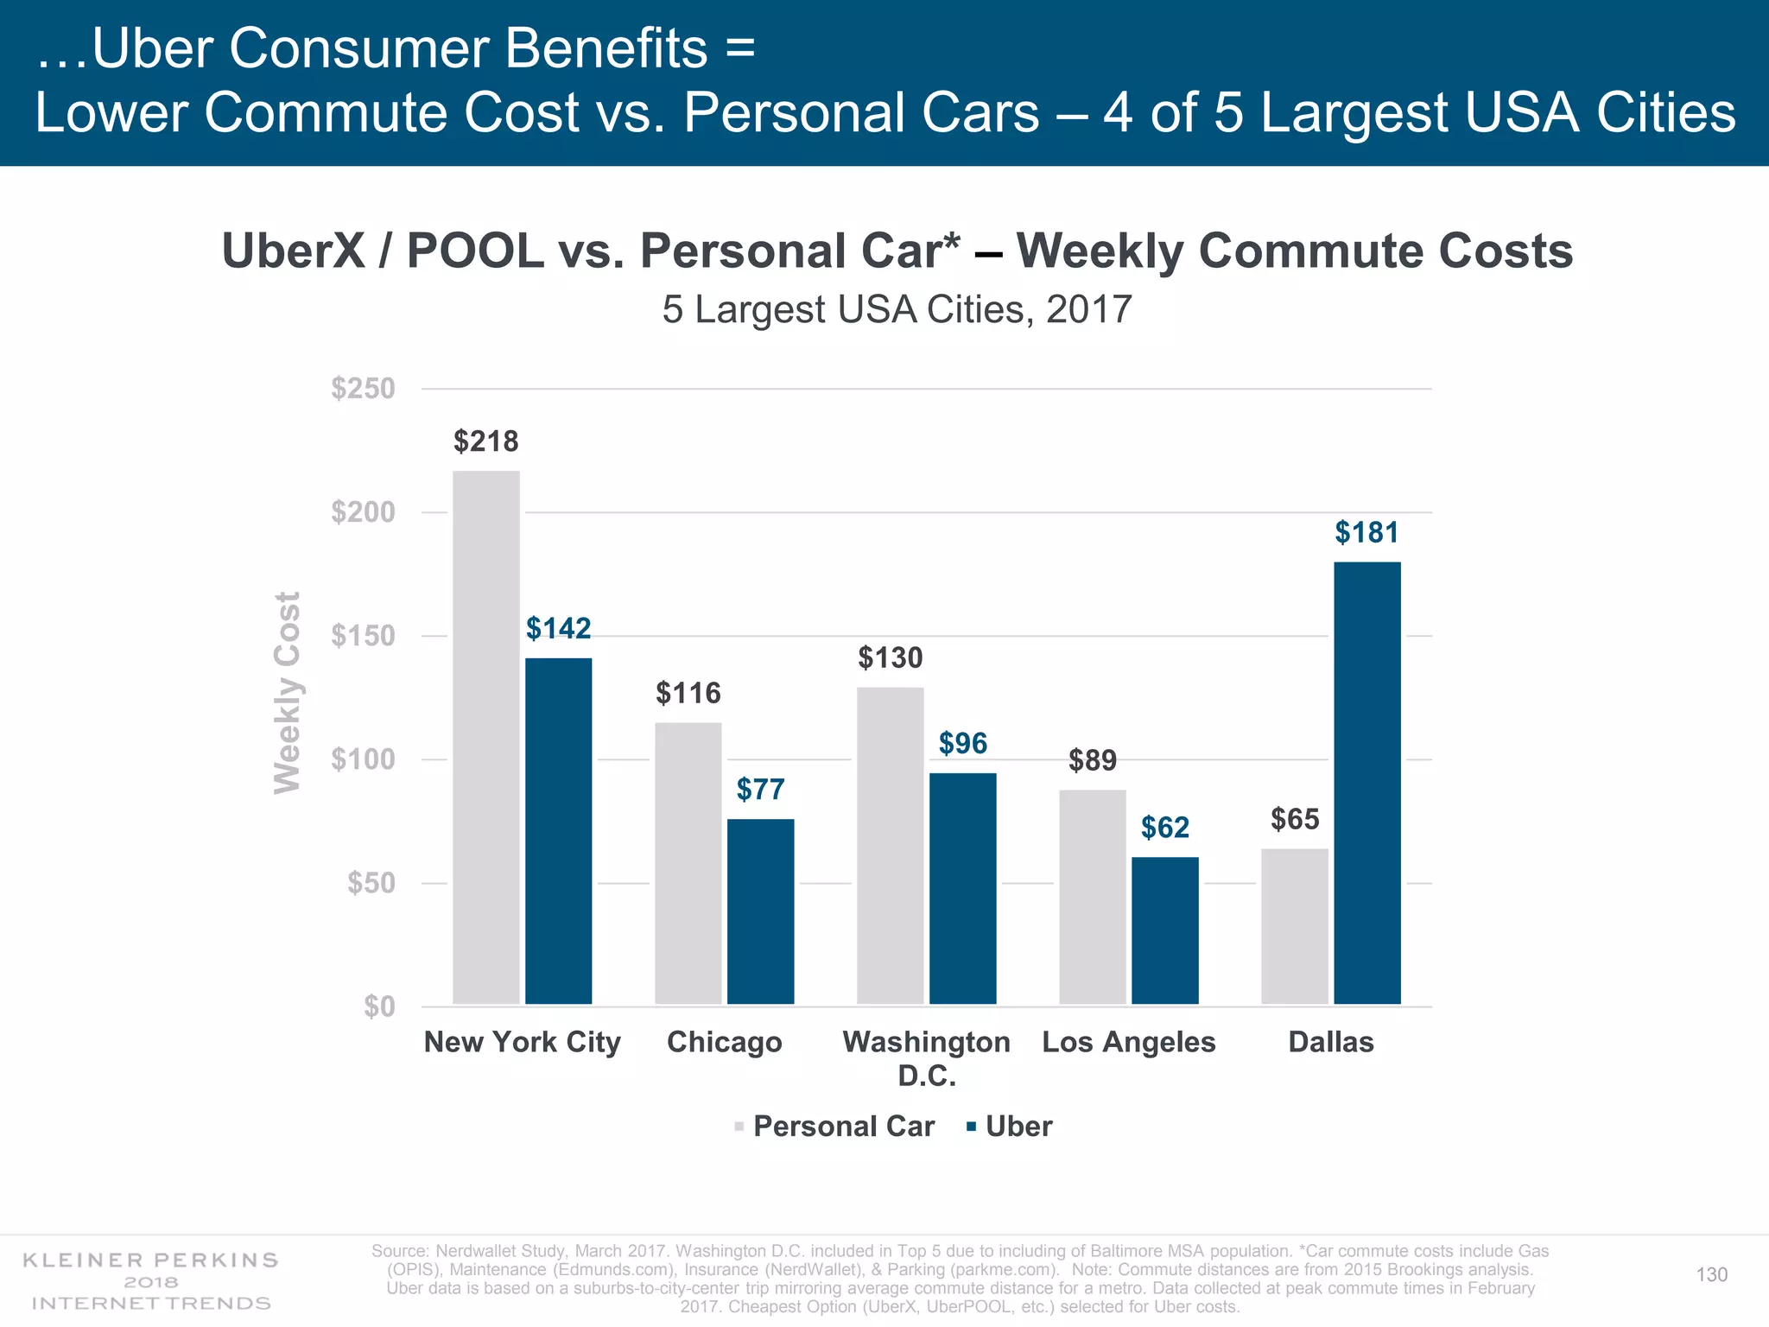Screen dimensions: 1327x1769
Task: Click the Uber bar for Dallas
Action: click(1366, 783)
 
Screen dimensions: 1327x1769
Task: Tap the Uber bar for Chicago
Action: click(760, 911)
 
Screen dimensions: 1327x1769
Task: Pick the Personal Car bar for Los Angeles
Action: click(1093, 897)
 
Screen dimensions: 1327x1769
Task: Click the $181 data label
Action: click(1366, 532)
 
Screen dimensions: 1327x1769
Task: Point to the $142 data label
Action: click(559, 628)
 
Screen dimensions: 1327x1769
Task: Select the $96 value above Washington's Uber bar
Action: click(962, 743)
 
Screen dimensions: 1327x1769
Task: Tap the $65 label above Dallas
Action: click(1295, 819)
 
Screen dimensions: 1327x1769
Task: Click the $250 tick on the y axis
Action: click(363, 389)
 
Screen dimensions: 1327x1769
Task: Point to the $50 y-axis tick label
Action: click(371, 883)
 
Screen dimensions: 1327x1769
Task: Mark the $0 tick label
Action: click(379, 1006)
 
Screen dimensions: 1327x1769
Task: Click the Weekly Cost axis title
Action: click(288, 693)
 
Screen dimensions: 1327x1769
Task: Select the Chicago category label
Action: click(724, 1042)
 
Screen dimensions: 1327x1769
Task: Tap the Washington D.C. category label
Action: click(926, 1057)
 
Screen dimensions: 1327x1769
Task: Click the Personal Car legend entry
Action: click(843, 1127)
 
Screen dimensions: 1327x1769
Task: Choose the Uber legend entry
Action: click(1018, 1127)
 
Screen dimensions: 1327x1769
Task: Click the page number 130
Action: click(1711, 1274)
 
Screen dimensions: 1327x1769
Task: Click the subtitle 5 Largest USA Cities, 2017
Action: click(897, 309)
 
